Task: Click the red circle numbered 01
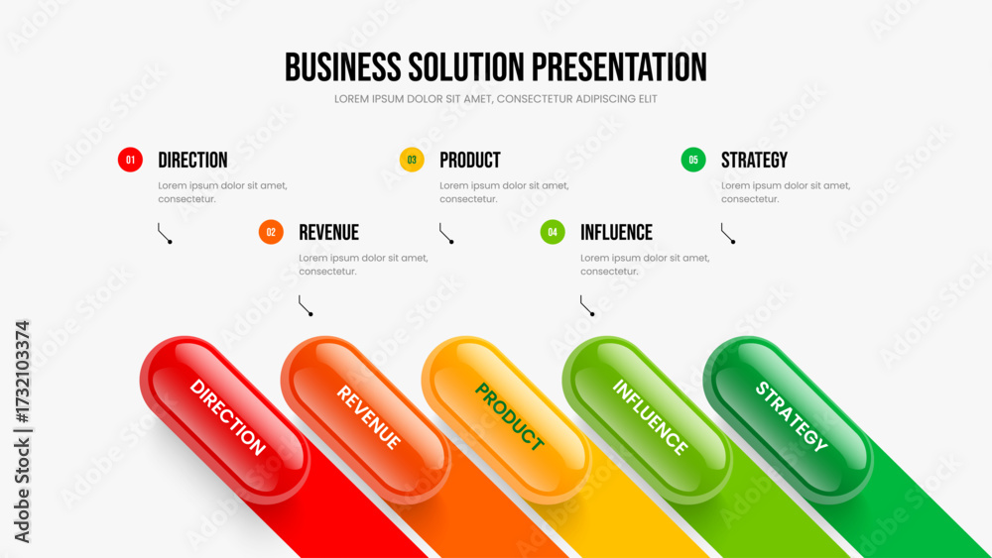(130, 160)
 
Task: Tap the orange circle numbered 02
(271, 232)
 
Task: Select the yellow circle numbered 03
(412, 160)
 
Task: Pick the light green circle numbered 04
(553, 232)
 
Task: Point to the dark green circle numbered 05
(693, 160)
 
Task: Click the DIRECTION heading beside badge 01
(193, 160)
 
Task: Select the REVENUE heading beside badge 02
(329, 232)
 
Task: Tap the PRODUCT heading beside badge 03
(470, 160)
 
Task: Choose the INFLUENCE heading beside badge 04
(616, 232)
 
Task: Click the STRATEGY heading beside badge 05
(754, 160)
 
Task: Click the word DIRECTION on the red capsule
(227, 417)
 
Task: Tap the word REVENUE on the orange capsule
(369, 417)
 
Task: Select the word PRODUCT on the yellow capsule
(510, 417)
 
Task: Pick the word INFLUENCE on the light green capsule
(650, 417)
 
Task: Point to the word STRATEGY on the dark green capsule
(792, 417)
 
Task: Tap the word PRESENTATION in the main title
(619, 67)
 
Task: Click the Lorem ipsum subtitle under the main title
(495, 99)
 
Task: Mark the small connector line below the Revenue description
(306, 305)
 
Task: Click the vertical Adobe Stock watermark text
(22, 431)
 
